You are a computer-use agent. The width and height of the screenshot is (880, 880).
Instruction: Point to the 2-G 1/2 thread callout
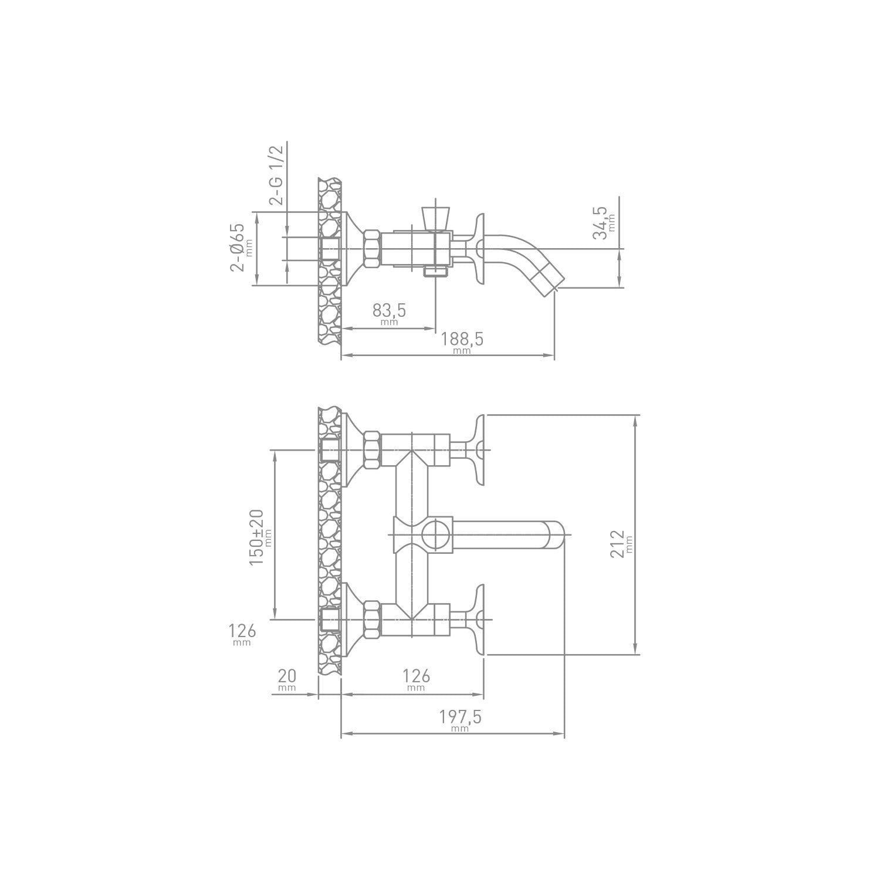(276, 174)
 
